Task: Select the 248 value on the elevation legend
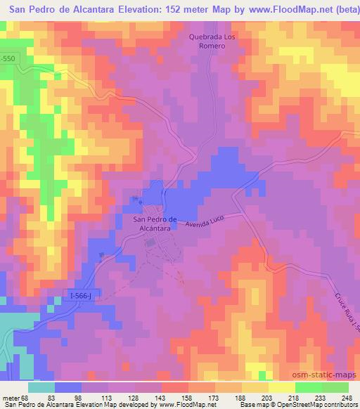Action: tap(347, 398)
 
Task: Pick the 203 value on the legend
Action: tap(269, 398)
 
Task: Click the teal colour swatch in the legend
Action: tap(42, 387)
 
